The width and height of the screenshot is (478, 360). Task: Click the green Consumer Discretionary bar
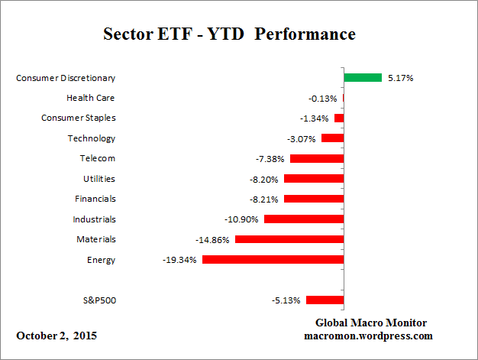363,77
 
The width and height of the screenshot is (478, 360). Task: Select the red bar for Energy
273,260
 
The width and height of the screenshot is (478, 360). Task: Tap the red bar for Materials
289,239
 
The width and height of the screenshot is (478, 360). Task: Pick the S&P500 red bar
325,300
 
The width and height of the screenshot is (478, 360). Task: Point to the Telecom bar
316,158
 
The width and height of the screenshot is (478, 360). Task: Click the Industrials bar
303,219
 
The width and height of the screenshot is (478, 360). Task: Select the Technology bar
332,138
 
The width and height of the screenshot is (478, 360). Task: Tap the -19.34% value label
180,260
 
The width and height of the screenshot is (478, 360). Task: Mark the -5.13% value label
286,300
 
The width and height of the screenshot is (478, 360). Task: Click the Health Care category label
91,98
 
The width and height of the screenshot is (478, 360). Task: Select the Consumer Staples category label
78,118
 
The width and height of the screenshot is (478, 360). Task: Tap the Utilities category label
99,179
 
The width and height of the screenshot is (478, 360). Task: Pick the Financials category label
95,199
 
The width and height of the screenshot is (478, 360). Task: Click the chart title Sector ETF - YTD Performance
229,34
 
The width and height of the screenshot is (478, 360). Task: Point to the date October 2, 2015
57,336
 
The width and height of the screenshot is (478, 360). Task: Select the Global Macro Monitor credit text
370,323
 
